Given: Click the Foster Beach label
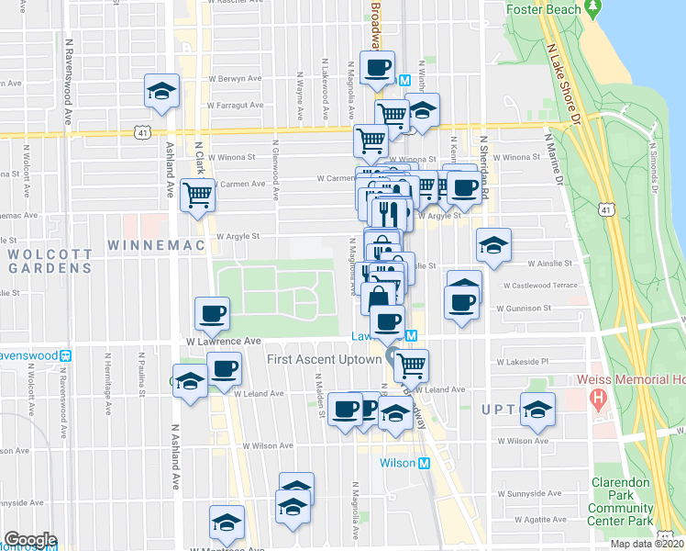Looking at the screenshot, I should click(x=544, y=9).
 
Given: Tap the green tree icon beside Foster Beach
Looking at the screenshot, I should click(x=594, y=8).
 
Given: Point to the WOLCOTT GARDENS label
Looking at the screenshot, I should click(x=50, y=260).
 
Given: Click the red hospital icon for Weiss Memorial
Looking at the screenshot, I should click(x=598, y=399).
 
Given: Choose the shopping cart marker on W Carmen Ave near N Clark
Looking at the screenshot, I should click(x=197, y=195).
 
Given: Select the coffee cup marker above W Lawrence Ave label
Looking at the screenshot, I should click(x=213, y=313).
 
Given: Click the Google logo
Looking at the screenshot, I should click(x=29, y=540).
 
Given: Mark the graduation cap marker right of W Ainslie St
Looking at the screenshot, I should click(x=493, y=245).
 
